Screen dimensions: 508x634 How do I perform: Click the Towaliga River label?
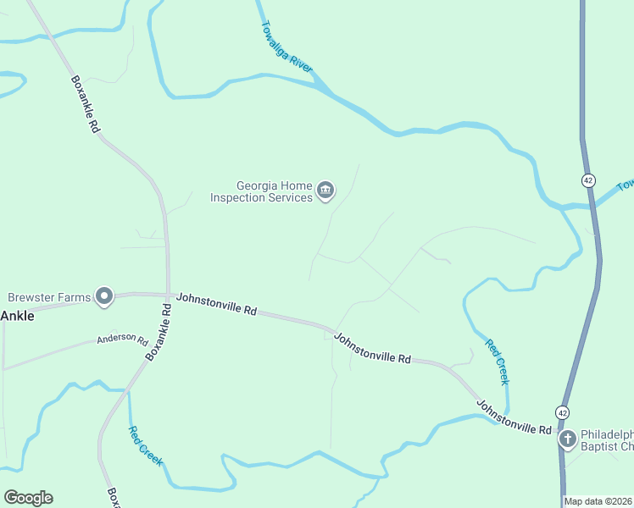289,46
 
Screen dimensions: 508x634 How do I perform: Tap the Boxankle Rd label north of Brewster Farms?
85,104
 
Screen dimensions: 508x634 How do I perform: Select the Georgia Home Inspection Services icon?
325,191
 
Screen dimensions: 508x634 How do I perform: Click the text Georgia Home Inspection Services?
262,191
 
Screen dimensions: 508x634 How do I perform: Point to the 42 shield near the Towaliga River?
588,180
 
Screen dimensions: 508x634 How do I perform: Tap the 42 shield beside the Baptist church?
562,411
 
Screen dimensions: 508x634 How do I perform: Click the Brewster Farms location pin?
104,295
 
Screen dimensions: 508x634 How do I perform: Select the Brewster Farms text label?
47,297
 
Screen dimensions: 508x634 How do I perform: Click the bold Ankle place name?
17,316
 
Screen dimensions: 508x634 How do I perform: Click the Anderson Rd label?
122,339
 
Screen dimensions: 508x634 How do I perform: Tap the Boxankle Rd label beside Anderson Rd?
158,333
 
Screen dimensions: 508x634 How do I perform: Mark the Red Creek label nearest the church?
497,362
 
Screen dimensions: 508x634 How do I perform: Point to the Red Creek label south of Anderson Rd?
146,446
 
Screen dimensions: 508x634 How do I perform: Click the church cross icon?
568,439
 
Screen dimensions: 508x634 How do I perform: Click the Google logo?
28,498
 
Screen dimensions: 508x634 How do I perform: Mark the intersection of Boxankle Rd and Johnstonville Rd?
168,295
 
